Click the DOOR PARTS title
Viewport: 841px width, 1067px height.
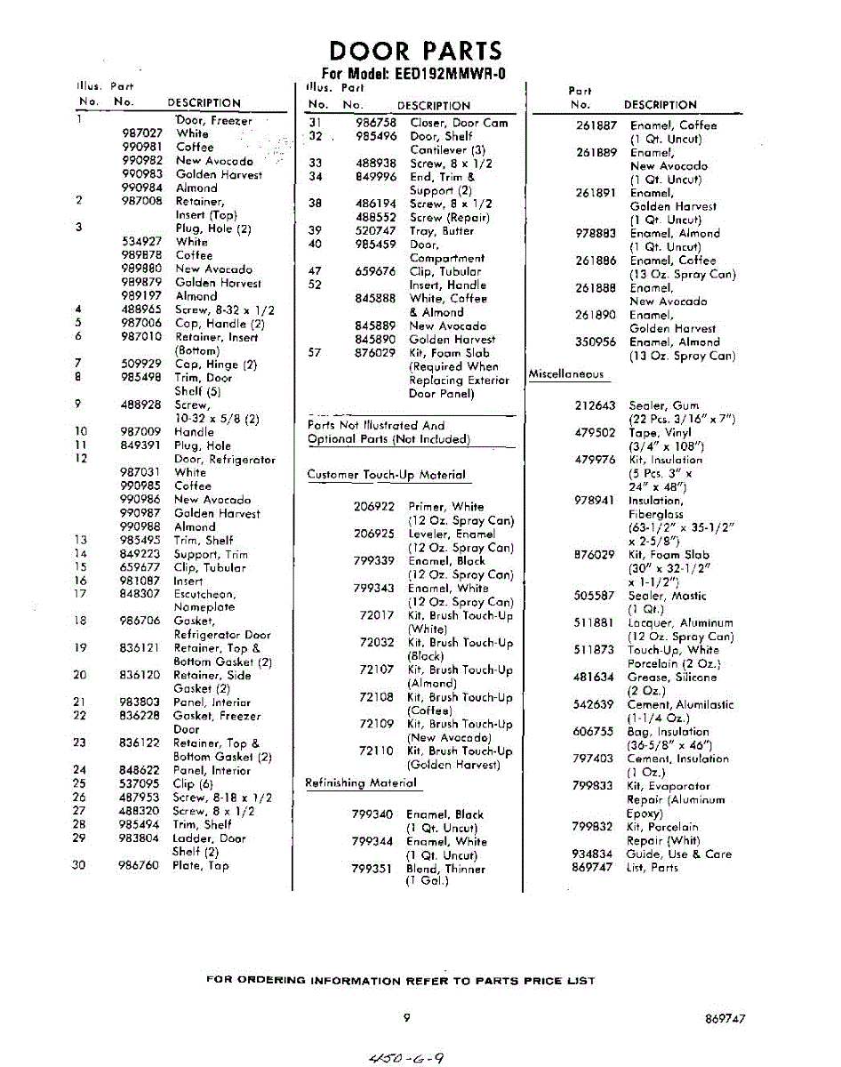414,51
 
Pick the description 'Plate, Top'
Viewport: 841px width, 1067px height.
201,865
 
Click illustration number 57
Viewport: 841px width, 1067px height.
314,353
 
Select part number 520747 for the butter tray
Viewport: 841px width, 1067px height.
375,231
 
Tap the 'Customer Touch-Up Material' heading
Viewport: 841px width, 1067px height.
387,475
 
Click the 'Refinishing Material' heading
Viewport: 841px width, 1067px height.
361,783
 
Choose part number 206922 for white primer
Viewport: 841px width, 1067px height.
374,507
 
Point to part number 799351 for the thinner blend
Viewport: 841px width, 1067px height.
372,869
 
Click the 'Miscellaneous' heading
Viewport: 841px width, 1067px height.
566,374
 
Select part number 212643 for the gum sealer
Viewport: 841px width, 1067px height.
595,405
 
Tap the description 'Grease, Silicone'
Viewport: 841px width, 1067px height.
673,678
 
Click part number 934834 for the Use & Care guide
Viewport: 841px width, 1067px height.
592,854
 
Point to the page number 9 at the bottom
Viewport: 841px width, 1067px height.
406,1018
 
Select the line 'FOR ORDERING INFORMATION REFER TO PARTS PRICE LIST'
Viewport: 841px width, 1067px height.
400,981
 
